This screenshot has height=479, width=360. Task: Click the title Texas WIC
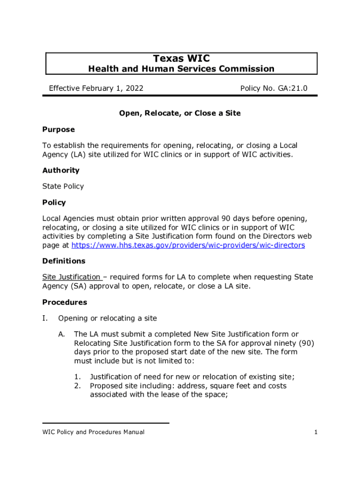(x=181, y=58)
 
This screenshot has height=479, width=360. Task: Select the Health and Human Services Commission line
(x=181, y=69)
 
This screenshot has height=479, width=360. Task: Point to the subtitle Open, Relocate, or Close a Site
(x=180, y=113)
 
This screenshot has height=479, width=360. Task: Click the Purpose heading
(x=58, y=129)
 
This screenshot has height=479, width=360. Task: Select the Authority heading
(x=61, y=170)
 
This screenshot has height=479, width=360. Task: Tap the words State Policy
(x=63, y=186)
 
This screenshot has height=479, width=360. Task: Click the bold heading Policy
(x=54, y=203)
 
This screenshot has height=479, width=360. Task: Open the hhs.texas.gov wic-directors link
(x=188, y=245)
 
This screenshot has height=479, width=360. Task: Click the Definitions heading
(x=64, y=261)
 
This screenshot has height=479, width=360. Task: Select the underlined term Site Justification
(x=72, y=277)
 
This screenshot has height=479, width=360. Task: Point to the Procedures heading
(x=65, y=302)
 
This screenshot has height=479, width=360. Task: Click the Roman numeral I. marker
(x=45, y=319)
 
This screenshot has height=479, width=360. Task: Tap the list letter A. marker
(x=62, y=334)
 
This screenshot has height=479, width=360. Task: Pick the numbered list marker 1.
(x=78, y=377)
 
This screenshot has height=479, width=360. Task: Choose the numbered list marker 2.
(x=78, y=386)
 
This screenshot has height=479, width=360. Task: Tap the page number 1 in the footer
(x=316, y=432)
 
